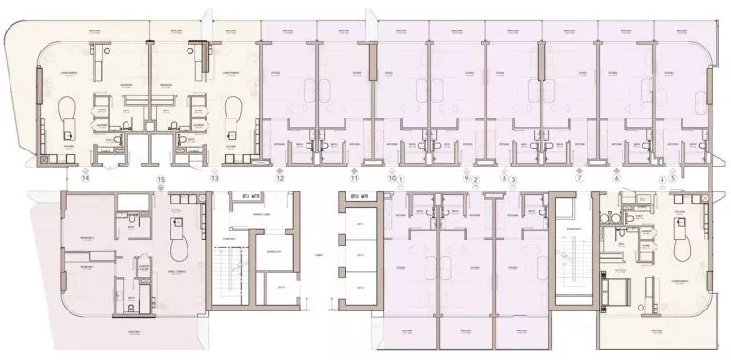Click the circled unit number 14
(x=85, y=178)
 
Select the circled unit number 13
(x=215, y=178)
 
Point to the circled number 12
(x=280, y=178)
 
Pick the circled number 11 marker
(x=354, y=178)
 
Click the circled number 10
(x=391, y=178)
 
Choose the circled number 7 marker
(x=578, y=178)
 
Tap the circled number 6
(x=616, y=178)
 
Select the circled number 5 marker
(x=672, y=178)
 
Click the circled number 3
(x=514, y=178)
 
